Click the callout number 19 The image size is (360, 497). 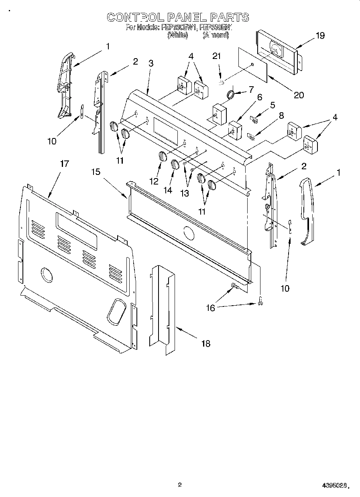point(320,35)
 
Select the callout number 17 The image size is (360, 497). point(64,164)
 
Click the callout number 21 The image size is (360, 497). point(217,56)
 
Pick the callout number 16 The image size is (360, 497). point(210,308)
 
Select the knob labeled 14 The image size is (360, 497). point(175,164)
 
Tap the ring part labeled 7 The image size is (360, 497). point(231,94)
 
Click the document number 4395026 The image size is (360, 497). point(333,485)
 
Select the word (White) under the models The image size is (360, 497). point(177,35)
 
